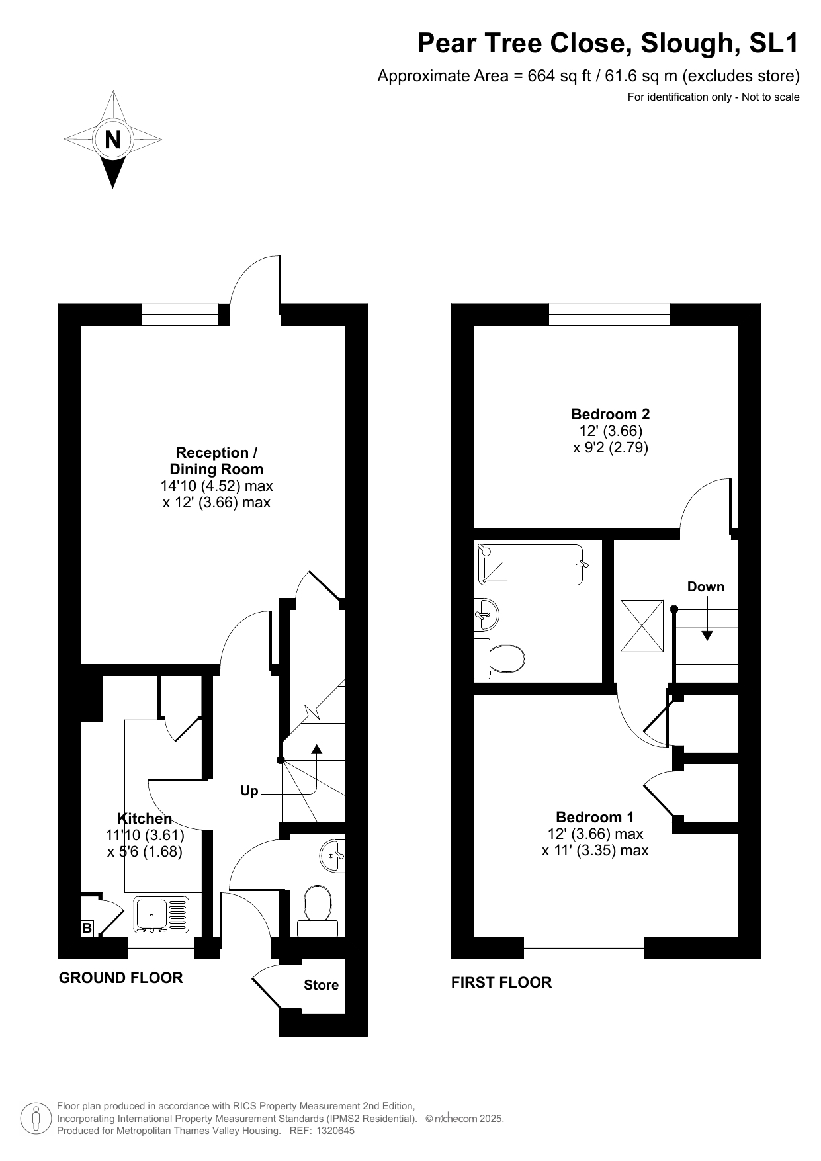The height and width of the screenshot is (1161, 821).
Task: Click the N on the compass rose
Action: (113, 140)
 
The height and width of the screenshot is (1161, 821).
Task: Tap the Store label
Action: (322, 985)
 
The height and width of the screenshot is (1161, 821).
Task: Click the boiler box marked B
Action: (87, 928)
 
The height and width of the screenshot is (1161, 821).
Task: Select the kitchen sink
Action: (161, 916)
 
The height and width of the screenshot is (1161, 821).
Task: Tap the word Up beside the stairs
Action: (249, 791)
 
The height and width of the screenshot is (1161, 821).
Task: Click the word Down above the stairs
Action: (705, 587)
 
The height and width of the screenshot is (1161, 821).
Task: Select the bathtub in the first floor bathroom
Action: (531, 565)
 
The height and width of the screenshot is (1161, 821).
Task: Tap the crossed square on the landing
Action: (642, 626)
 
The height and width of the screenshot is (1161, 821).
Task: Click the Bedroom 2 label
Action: (611, 414)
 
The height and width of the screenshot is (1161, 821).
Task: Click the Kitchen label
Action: (144, 818)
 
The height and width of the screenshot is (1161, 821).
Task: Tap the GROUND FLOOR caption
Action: (121, 978)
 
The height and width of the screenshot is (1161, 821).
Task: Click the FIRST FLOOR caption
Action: (501, 982)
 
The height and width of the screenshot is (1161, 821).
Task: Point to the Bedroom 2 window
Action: (609, 314)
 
